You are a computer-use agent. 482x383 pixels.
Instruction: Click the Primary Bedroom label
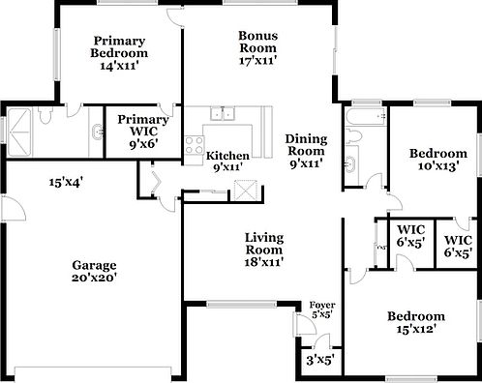click(x=120, y=46)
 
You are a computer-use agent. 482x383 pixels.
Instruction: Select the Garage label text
click(x=94, y=265)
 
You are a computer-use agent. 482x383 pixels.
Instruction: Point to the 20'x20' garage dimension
click(x=94, y=278)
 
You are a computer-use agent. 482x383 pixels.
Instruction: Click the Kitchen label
click(x=228, y=156)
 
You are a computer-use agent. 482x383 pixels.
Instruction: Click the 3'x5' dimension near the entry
click(x=319, y=360)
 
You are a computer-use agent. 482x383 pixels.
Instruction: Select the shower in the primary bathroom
click(x=21, y=125)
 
